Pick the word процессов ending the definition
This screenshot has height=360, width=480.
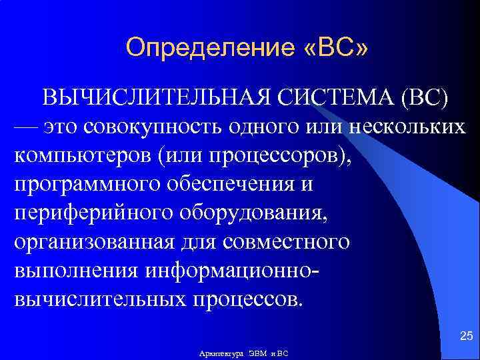coord(246,297)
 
